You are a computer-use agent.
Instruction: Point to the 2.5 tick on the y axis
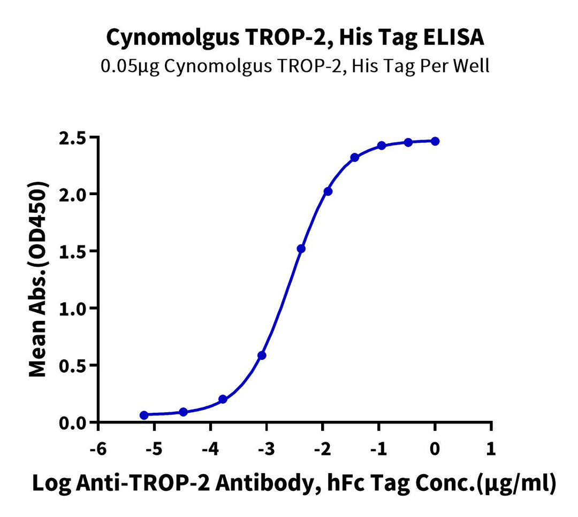[74, 138]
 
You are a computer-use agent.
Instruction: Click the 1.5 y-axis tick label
[74, 251]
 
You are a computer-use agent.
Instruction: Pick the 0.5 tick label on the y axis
[74, 366]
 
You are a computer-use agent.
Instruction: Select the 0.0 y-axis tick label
[74, 423]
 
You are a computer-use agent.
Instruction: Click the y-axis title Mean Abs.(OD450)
[37, 278]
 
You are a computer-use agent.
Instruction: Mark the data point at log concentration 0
[435, 141]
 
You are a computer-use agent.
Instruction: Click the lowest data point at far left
[144, 415]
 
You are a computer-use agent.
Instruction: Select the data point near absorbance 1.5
[301, 249]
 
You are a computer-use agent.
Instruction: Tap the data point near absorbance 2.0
[328, 191]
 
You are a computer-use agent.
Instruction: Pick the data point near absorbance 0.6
[262, 356]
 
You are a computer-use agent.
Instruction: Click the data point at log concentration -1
[382, 145]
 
